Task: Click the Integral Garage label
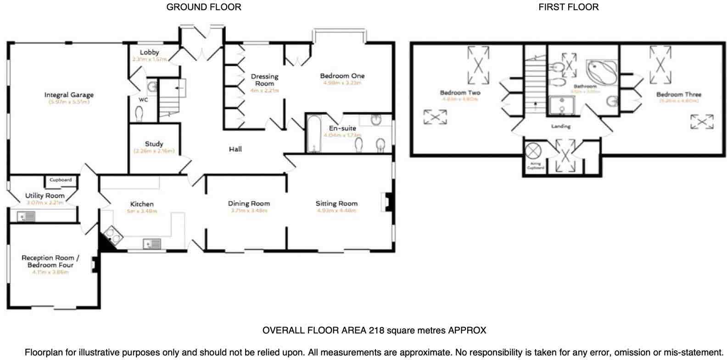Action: pyautogui.click(x=69, y=95)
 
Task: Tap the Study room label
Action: pyautogui.click(x=154, y=144)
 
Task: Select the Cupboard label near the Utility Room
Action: pyautogui.click(x=61, y=180)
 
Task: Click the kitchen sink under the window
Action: pyautogui.click(x=152, y=244)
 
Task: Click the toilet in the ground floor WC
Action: pyautogui.click(x=140, y=113)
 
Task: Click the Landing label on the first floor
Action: pyautogui.click(x=560, y=126)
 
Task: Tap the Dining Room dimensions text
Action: pyautogui.click(x=249, y=211)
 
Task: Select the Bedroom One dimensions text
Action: pyautogui.click(x=343, y=83)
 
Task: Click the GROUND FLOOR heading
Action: pyautogui.click(x=203, y=7)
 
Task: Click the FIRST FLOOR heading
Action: pyautogui.click(x=568, y=7)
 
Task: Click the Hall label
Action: pyautogui.click(x=235, y=149)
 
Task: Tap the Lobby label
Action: pyautogui.click(x=149, y=52)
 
